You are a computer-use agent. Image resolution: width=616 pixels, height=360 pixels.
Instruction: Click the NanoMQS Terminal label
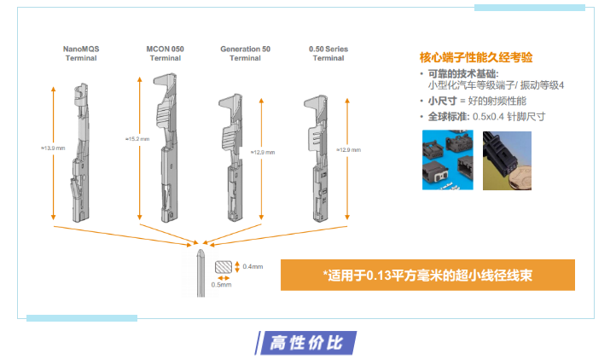pos(81,54)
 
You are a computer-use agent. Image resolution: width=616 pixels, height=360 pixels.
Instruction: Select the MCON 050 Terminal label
pos(166,54)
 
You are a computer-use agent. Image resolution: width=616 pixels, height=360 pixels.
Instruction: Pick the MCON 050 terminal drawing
pos(166,148)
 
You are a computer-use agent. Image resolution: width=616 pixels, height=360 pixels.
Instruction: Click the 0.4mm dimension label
pos(253,267)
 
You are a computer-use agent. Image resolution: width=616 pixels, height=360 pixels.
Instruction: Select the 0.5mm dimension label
pos(221,284)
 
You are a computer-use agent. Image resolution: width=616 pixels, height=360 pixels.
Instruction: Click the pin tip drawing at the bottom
pos(200,273)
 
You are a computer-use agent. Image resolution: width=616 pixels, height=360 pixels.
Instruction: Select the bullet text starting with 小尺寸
pos(468,101)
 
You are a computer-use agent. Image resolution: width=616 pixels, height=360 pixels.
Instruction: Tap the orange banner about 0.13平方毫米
pos(427,274)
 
